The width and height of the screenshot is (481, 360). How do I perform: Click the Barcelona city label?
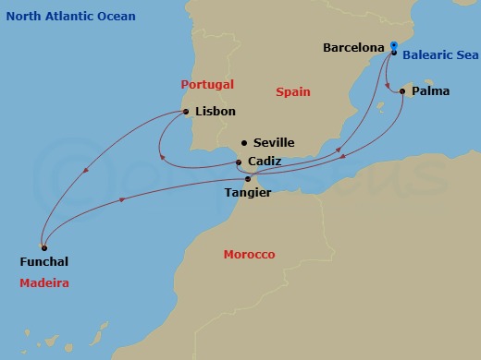click(x=353, y=46)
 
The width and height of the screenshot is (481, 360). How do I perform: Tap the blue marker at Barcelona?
click(x=393, y=45)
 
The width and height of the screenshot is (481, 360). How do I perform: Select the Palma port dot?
click(x=401, y=91)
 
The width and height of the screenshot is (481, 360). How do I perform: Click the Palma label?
click(x=432, y=92)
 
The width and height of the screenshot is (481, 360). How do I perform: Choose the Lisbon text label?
click(x=216, y=112)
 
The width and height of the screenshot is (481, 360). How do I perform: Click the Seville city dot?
click(x=243, y=142)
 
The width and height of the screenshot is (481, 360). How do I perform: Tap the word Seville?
click(x=274, y=143)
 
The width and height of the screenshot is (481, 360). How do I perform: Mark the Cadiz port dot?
click(x=239, y=162)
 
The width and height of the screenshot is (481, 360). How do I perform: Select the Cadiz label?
click(x=265, y=162)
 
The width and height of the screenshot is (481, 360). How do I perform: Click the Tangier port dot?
click(x=248, y=178)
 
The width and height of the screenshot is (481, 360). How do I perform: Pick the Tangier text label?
click(x=248, y=193)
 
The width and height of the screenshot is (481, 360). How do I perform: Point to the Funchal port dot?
click(x=43, y=247)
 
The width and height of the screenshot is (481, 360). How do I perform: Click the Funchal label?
click(x=43, y=262)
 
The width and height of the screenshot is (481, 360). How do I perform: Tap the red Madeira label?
click(x=44, y=282)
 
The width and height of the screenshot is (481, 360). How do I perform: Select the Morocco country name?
click(x=249, y=254)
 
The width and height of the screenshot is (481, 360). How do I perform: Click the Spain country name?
click(x=293, y=92)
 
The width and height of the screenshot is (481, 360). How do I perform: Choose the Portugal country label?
click(x=207, y=84)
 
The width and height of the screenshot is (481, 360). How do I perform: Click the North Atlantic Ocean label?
click(x=69, y=17)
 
